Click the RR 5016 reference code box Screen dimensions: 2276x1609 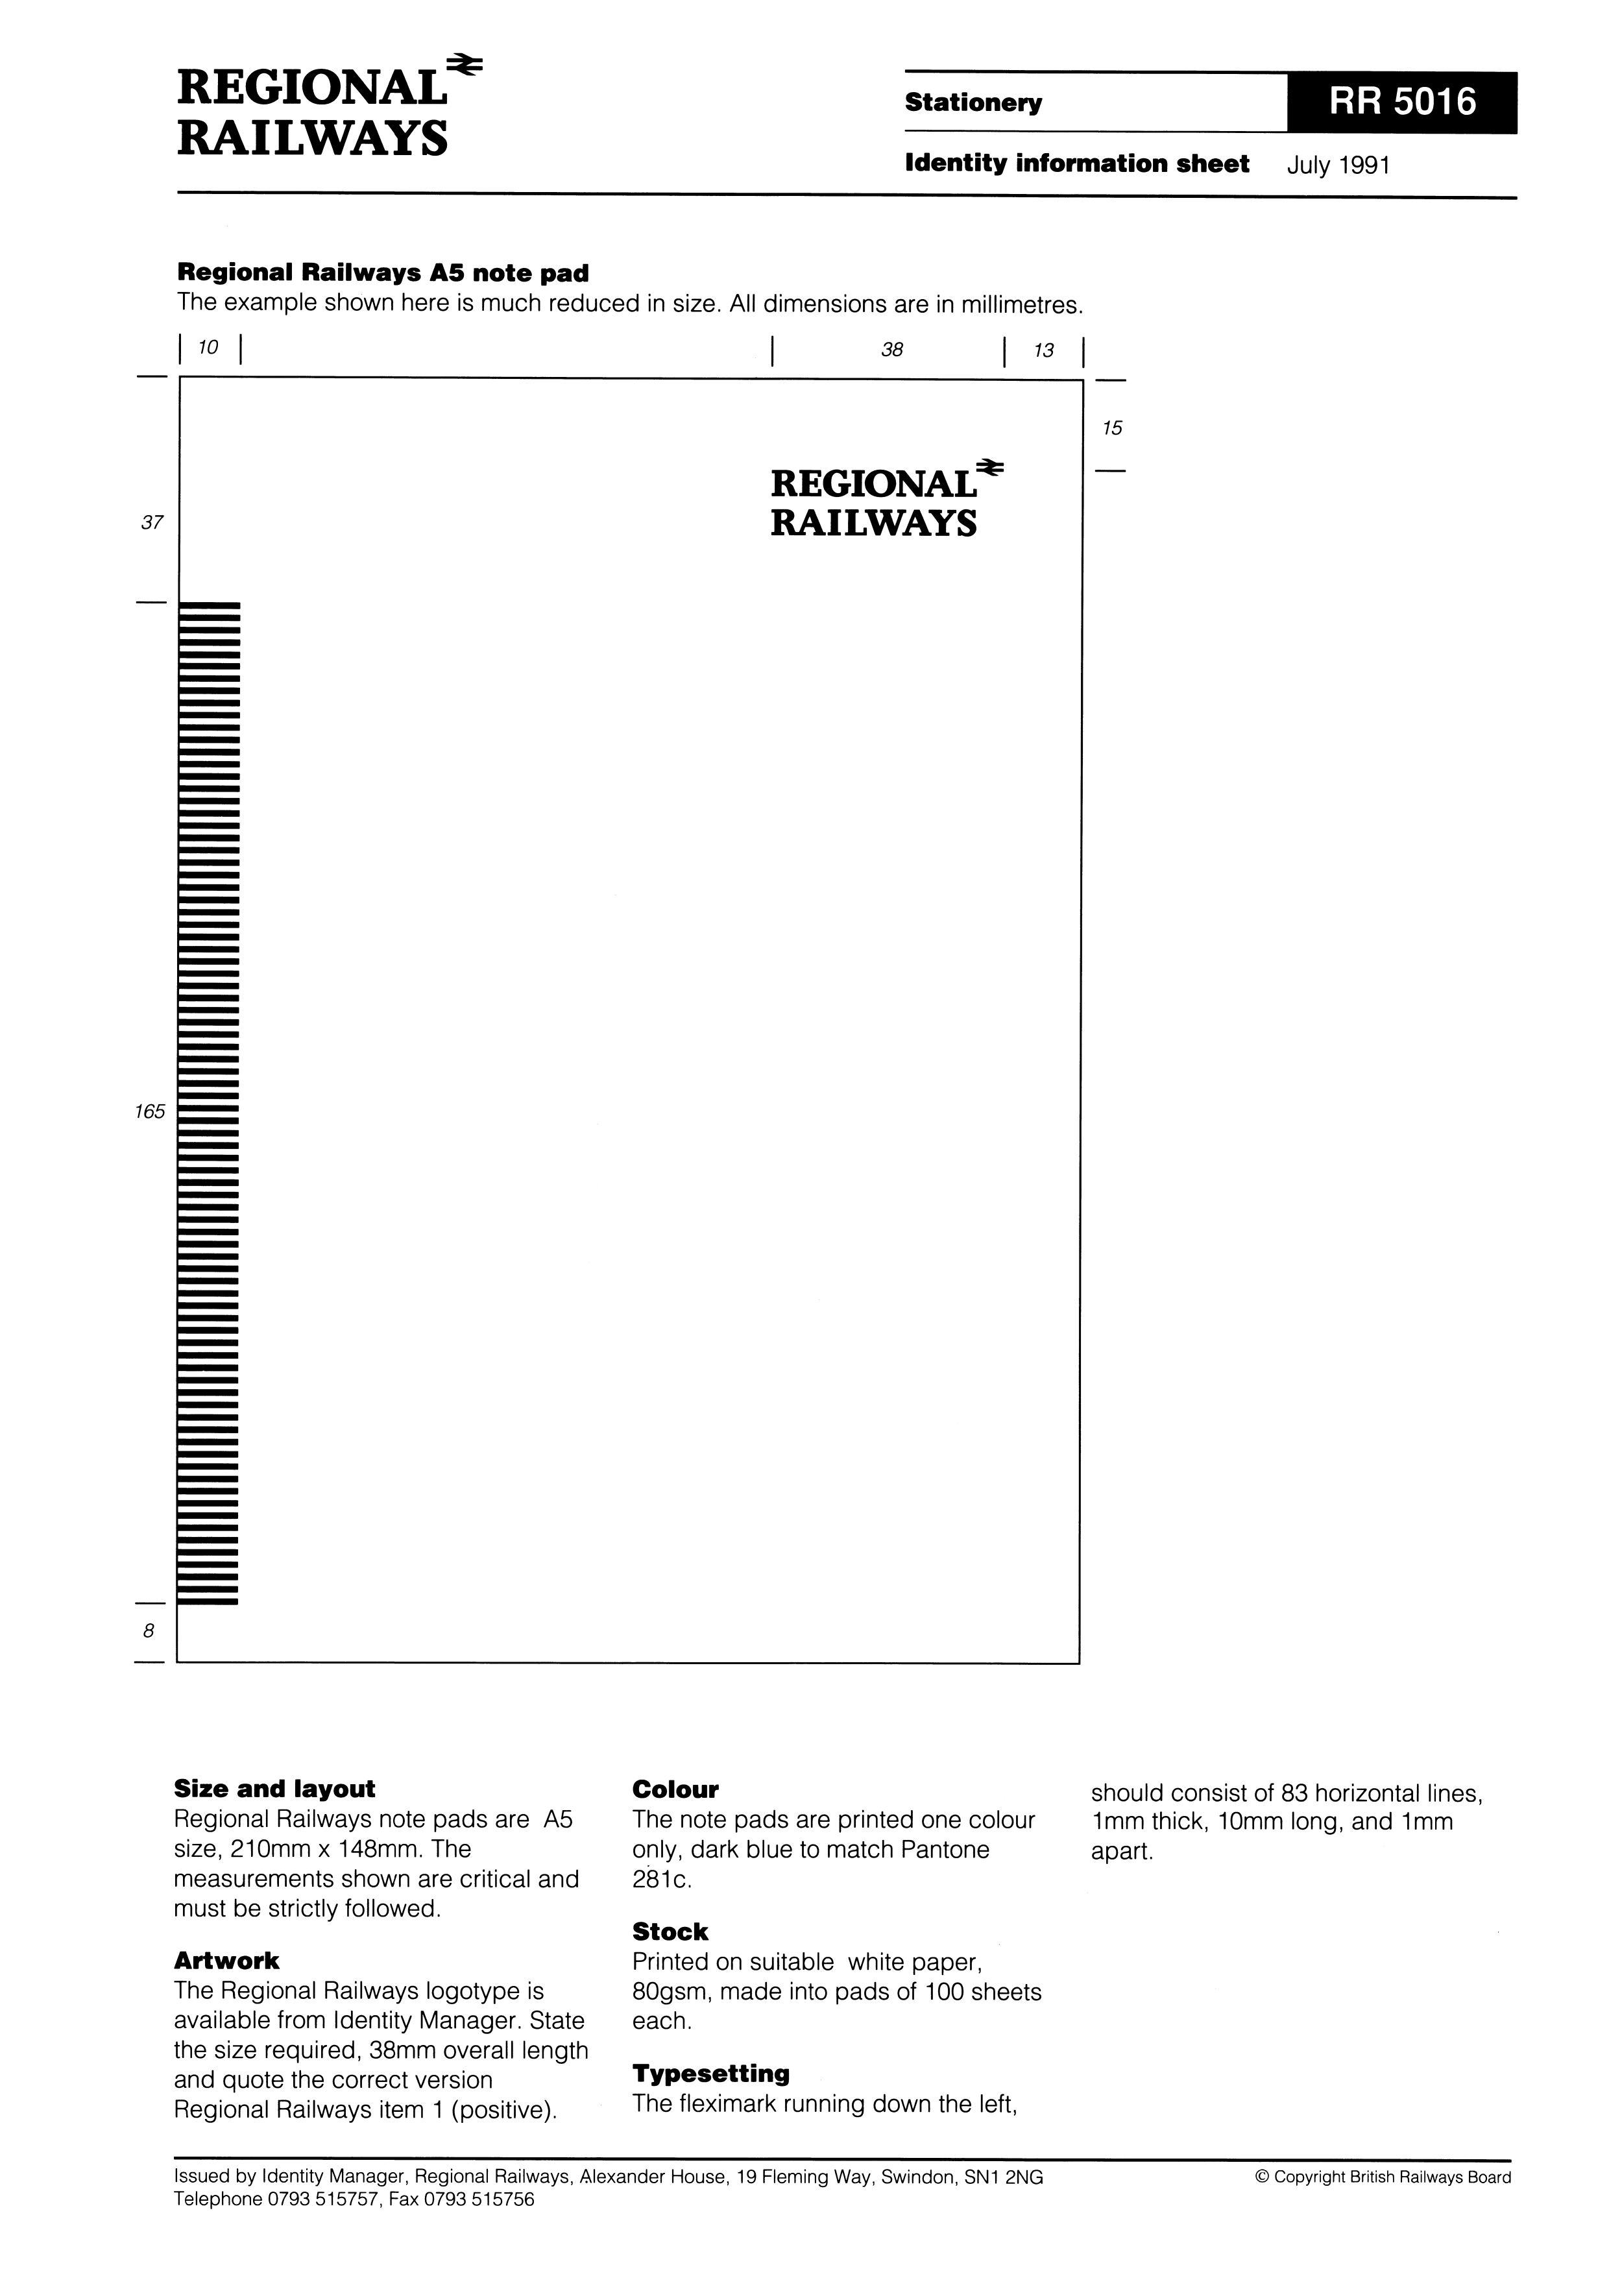(x=1402, y=102)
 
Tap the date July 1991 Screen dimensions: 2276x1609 (x=1338, y=165)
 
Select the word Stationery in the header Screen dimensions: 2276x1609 (x=973, y=103)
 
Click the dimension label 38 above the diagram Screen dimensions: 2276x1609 (x=892, y=349)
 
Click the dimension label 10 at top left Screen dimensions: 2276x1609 (x=208, y=347)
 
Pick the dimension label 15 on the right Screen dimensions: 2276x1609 (x=1112, y=428)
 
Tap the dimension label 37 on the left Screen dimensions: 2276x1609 (x=152, y=522)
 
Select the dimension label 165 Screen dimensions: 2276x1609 (x=150, y=1111)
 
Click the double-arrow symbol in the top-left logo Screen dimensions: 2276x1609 (x=464, y=66)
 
